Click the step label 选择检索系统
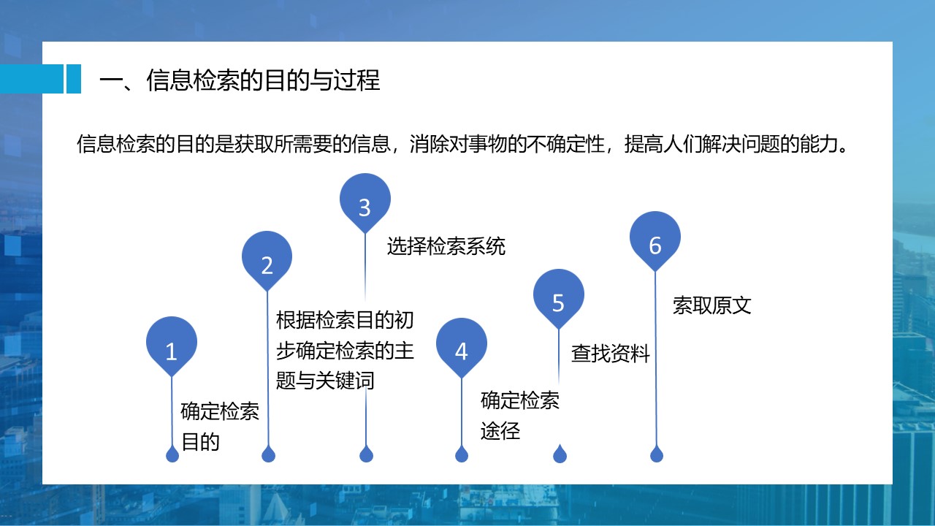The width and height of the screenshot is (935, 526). tap(446, 246)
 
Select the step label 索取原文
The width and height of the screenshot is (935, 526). tap(712, 305)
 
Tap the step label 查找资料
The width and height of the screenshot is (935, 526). tap(611, 353)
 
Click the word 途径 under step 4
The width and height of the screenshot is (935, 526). tap(500, 431)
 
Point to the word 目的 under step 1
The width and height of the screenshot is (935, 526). tap(201, 442)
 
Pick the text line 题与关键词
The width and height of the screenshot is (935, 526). tap(325, 381)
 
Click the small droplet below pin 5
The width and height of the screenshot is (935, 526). tap(560, 454)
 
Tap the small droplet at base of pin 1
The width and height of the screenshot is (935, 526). tap(172, 454)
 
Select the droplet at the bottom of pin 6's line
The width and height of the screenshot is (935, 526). tap(657, 454)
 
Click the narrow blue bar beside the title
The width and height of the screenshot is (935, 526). tap(74, 79)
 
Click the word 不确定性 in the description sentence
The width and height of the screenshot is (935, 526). tap(565, 144)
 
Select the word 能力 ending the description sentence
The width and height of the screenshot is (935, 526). tap(818, 144)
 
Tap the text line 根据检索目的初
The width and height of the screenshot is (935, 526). tap(346, 320)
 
